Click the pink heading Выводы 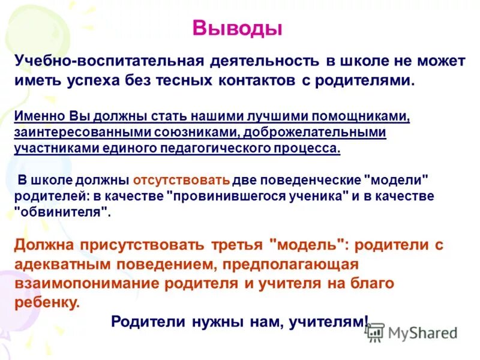[x=237, y=28]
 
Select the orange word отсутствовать [x=181, y=180]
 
